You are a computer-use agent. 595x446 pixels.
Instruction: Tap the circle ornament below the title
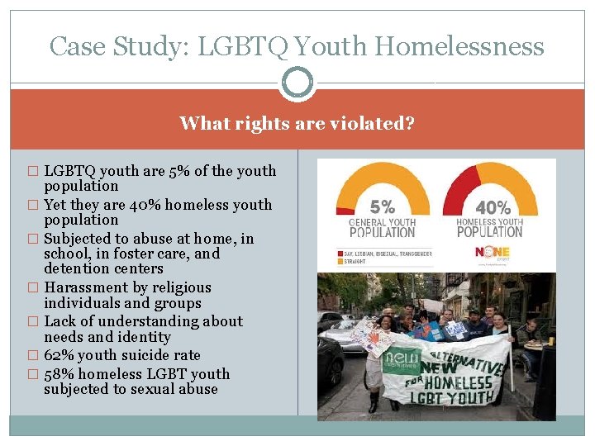tap(297, 83)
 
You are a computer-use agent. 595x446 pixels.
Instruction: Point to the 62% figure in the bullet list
tap(58, 355)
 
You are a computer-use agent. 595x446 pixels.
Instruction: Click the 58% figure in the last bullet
tap(58, 374)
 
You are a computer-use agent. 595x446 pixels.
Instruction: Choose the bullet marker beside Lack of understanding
tap(33, 322)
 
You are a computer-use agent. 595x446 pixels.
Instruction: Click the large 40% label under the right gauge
tap(493, 208)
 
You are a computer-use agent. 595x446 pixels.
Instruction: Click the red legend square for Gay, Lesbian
tap(340, 253)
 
